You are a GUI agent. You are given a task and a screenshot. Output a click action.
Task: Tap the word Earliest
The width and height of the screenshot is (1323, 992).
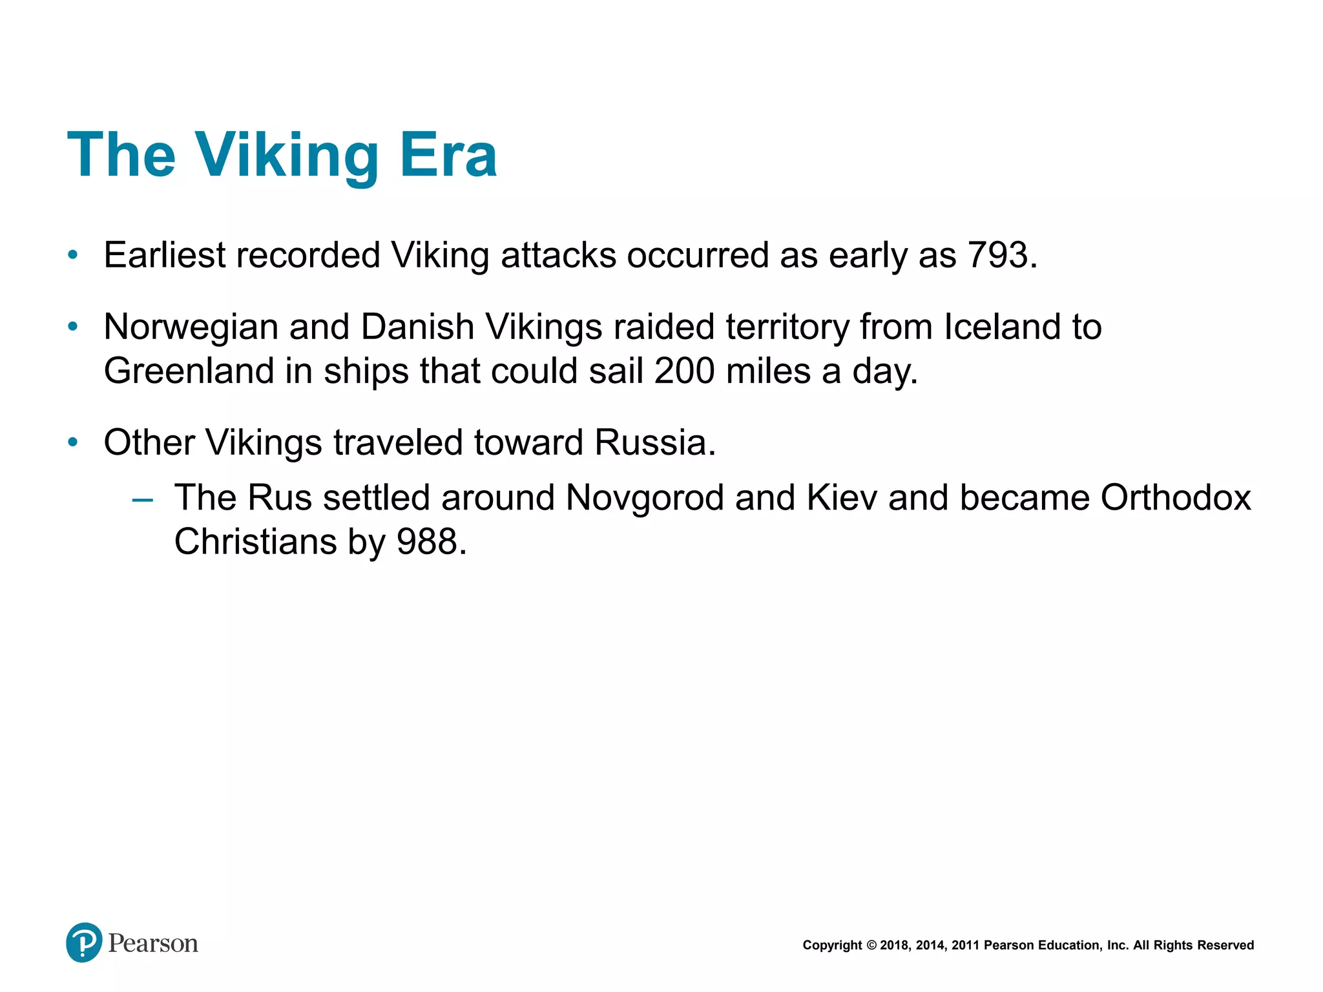point(165,255)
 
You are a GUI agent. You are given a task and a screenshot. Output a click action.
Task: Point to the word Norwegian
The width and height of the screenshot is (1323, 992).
point(191,327)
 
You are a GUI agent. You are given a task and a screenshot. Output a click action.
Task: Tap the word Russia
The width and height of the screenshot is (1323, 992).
point(654,443)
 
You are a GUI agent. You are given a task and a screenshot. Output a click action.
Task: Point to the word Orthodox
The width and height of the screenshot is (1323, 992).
point(1176,498)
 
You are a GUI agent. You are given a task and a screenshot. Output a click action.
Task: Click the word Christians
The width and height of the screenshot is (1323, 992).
point(255,542)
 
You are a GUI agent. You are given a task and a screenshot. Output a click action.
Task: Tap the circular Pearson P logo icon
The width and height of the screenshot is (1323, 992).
point(84,942)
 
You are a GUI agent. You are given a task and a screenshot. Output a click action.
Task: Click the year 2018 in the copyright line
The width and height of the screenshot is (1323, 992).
point(894,945)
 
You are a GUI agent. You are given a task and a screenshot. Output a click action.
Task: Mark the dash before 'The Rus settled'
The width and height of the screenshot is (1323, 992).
point(142,499)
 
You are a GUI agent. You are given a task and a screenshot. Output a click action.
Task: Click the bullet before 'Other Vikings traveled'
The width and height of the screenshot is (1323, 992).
point(73,443)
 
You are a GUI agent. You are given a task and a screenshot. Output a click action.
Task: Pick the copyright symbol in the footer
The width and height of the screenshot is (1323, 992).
point(871,945)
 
